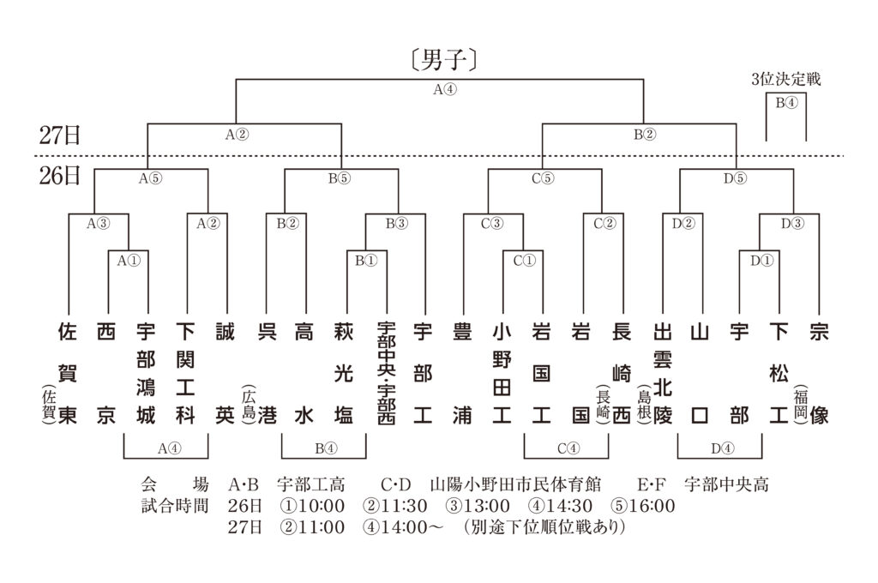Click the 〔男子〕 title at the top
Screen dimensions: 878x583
point(443,59)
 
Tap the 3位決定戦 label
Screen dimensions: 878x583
point(786,79)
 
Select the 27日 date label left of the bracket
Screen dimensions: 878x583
point(59,135)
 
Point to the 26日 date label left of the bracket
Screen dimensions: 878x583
point(59,176)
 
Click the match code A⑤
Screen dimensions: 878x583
point(150,178)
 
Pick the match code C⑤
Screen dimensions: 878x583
point(543,178)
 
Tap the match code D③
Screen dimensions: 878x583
point(792,224)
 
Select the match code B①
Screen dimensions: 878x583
point(366,261)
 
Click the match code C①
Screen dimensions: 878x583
point(525,261)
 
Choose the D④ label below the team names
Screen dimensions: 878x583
point(722,448)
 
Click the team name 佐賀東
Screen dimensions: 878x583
point(67,373)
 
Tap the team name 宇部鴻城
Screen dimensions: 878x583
point(146,373)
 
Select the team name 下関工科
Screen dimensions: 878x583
point(185,373)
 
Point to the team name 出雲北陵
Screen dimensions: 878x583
point(663,373)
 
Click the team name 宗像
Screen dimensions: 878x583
point(819,373)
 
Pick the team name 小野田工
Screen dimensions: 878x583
point(502,373)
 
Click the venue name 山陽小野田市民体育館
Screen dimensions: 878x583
point(515,484)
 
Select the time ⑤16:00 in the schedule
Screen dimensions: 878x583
point(643,506)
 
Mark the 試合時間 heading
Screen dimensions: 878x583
point(175,506)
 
